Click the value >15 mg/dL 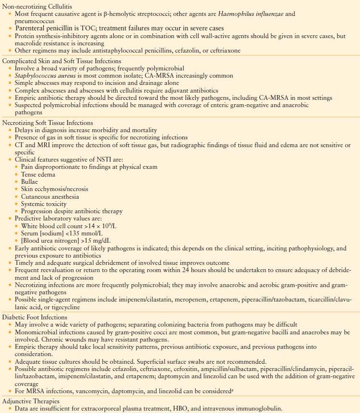pos(101,241)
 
